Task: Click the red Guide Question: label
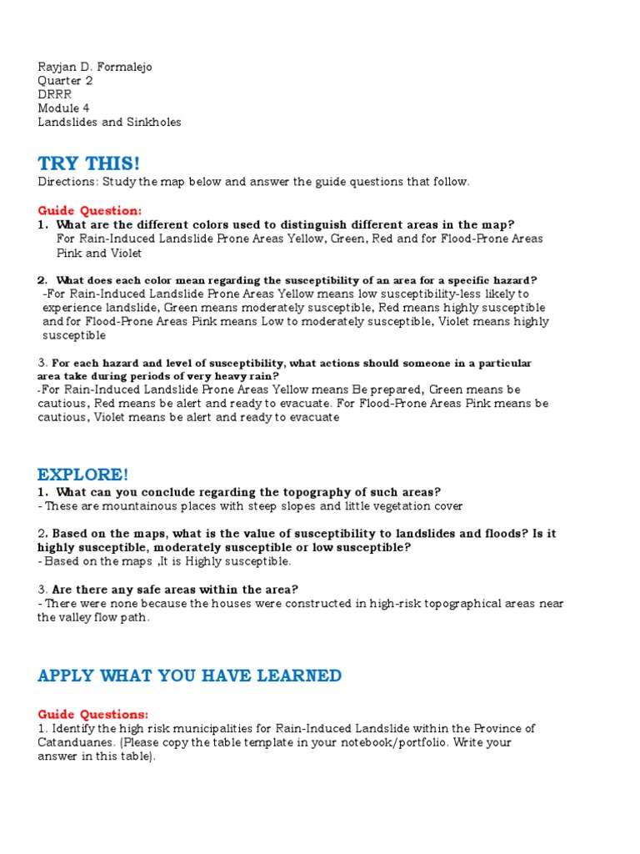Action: [89, 210]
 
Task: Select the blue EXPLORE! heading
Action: [83, 475]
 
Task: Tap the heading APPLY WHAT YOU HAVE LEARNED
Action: [189, 676]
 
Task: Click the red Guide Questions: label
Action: [92, 715]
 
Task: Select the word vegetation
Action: [398, 506]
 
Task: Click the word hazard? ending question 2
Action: [514, 280]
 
